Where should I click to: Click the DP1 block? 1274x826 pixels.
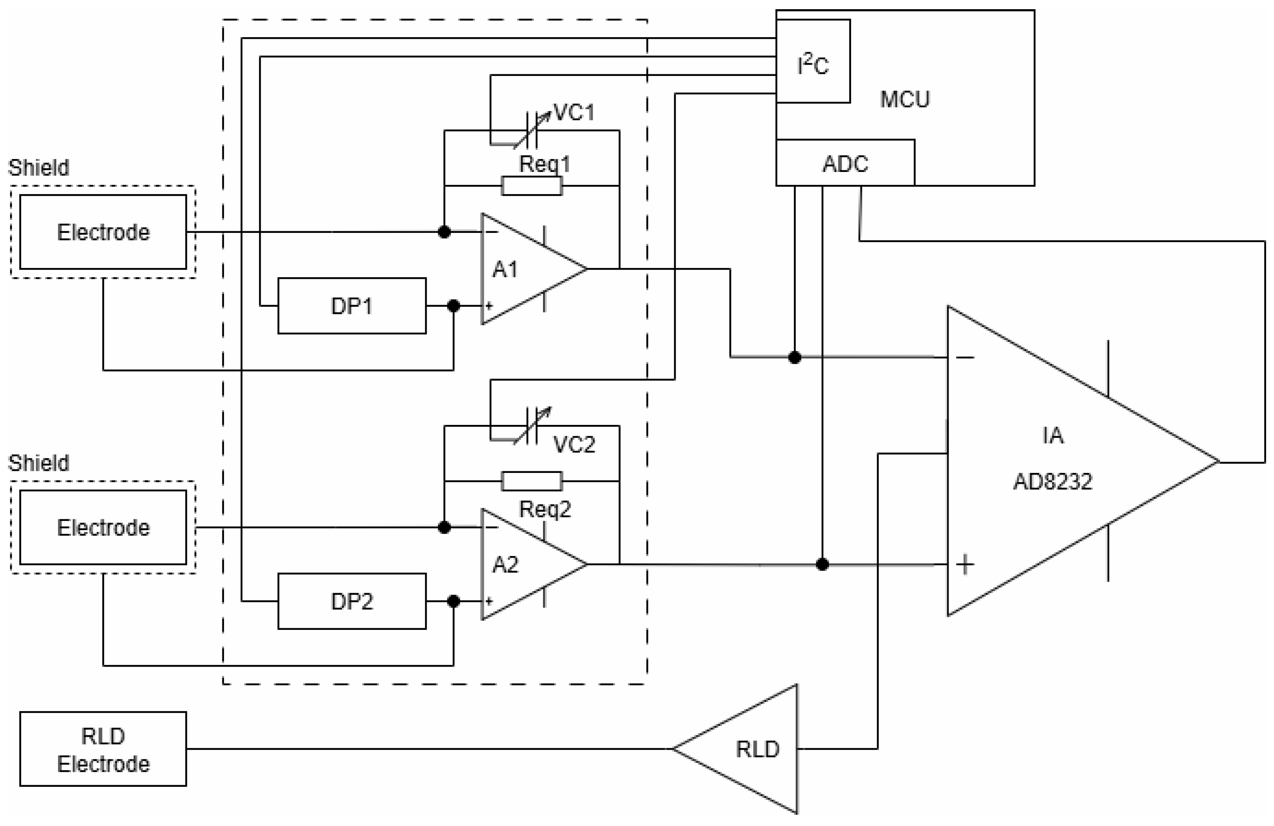[352, 306]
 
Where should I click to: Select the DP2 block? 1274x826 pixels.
[352, 601]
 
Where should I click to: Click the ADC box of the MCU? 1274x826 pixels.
[845, 163]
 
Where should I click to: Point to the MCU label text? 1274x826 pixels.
[905, 99]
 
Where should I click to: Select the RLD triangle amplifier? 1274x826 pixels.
[749, 749]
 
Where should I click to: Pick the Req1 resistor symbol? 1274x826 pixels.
[532, 186]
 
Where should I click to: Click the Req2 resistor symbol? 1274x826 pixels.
[532, 481]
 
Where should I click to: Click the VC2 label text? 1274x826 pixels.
[574, 445]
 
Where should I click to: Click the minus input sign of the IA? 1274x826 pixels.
[965, 357]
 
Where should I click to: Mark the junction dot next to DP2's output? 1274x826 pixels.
[453, 601]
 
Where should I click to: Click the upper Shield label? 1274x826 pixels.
[38, 168]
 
